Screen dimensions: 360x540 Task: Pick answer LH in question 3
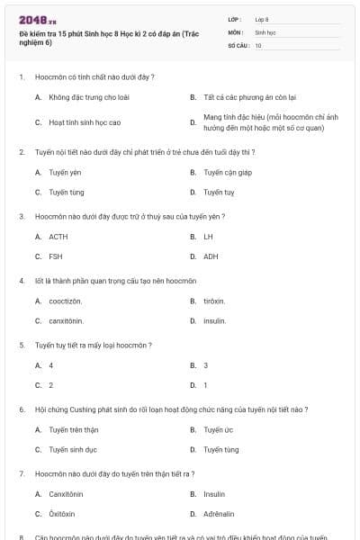click(x=208, y=237)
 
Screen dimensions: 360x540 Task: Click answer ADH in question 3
click(x=211, y=256)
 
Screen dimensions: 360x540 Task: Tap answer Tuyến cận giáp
click(x=224, y=172)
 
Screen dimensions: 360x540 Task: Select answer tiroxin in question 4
click(x=214, y=301)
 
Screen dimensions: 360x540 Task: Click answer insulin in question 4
click(x=214, y=320)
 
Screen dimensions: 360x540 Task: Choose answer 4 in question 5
click(x=51, y=365)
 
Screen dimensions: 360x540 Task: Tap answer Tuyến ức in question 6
click(x=219, y=429)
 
